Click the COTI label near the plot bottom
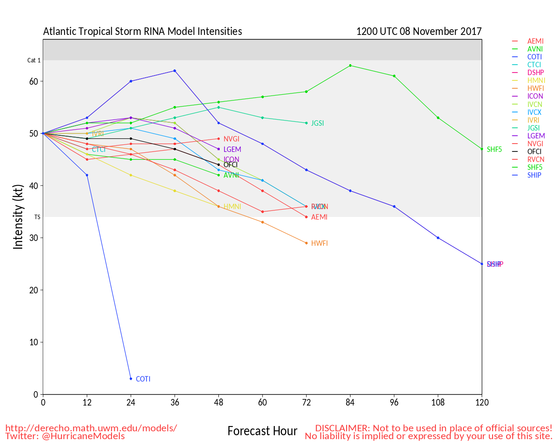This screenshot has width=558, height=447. (143, 379)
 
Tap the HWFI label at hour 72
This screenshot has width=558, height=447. (319, 243)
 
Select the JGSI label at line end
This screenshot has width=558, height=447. (317, 123)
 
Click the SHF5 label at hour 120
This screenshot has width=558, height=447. (494, 149)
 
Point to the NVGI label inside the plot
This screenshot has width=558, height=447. (231, 139)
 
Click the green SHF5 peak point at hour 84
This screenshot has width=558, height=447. (350, 65)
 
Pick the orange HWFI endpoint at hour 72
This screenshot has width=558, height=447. (306, 243)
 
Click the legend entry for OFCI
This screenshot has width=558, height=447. (534, 151)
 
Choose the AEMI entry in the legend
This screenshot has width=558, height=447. (535, 41)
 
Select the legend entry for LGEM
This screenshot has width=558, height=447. (536, 136)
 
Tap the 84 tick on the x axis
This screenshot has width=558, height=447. (350, 402)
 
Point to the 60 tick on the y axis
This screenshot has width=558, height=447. (34, 81)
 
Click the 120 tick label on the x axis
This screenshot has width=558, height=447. (482, 402)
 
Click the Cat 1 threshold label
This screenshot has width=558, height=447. (34, 60)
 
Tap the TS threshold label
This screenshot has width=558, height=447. (37, 217)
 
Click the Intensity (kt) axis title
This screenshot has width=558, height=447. (18, 217)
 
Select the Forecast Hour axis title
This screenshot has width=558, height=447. (262, 431)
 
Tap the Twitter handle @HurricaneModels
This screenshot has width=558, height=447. (83, 436)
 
